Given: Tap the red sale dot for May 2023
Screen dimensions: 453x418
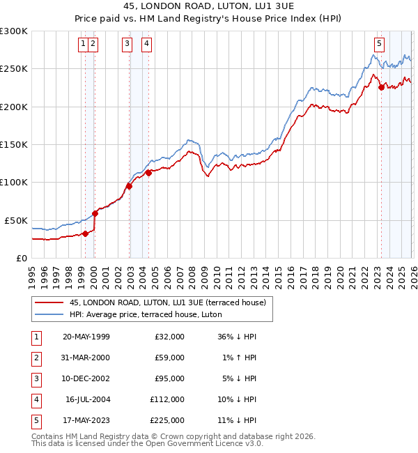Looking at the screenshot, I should pos(381,87).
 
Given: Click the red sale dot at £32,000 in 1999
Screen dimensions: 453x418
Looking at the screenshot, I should pos(86,233).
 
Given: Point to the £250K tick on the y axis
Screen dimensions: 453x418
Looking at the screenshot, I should pos(14,69).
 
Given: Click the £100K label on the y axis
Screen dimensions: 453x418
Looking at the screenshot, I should pos(14,182).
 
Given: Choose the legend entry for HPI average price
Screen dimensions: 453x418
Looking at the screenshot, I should pos(145,314).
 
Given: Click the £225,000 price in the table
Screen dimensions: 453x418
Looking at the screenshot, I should pos(167,420).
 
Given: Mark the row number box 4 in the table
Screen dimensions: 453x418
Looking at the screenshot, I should pos(35,399).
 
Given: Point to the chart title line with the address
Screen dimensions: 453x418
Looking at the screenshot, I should pos(208,7).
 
